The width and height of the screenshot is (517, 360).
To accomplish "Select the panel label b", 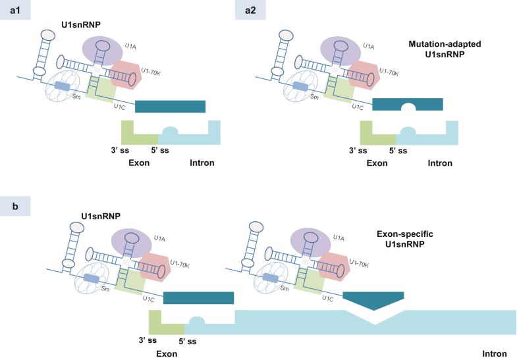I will (x=14, y=205).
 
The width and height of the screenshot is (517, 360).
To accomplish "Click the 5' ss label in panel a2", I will (x=397, y=150).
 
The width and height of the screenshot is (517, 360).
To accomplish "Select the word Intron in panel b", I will (x=495, y=354).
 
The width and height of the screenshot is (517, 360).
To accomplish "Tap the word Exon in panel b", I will (x=167, y=354).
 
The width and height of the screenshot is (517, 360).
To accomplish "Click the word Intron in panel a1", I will (x=202, y=163).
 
